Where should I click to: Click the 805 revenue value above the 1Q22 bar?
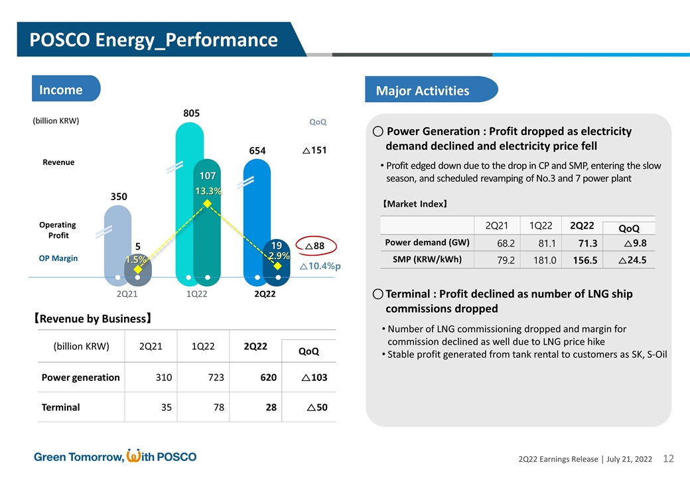(x=192, y=114)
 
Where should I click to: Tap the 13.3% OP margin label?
(x=208, y=191)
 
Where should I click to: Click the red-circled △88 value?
(x=314, y=246)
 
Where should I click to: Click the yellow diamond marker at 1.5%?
(x=137, y=270)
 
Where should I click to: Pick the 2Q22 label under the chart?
(x=265, y=293)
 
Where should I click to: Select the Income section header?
(x=61, y=89)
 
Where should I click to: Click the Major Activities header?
(x=423, y=91)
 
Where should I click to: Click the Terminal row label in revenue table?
(x=61, y=407)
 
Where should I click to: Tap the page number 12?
(x=668, y=458)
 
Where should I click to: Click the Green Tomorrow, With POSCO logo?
(x=115, y=456)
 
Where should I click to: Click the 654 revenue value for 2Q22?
(x=257, y=150)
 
